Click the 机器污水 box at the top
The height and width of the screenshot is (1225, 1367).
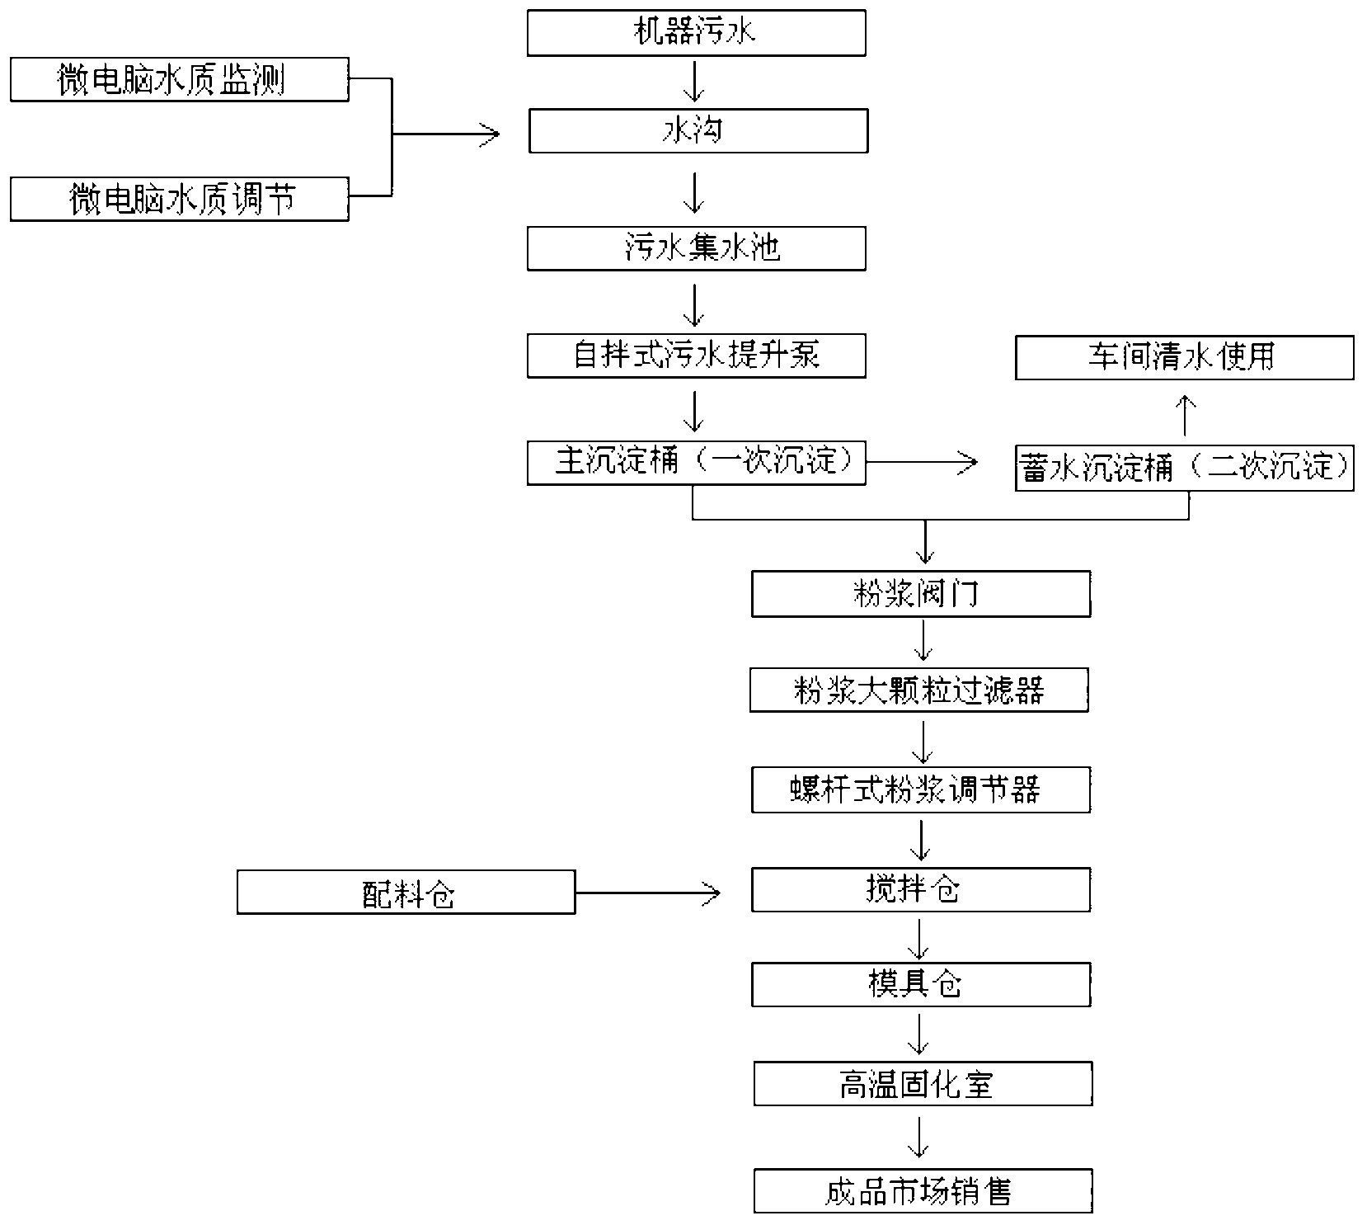point(696,33)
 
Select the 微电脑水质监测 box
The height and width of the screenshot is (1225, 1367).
point(179,80)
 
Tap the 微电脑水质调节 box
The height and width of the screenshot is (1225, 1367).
point(179,199)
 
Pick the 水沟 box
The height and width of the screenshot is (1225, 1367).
point(698,131)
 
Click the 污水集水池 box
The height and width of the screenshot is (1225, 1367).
point(696,248)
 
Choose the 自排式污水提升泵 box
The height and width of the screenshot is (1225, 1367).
point(696,356)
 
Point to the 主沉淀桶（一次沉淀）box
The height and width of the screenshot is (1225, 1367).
point(696,463)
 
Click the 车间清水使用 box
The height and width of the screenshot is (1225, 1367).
point(1184,357)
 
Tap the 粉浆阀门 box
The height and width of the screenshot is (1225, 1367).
point(920,594)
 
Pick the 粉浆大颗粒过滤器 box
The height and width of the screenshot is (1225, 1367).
point(918,690)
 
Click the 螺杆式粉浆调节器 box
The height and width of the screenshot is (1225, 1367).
point(920,790)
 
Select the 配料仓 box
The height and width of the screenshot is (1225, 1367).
point(406,892)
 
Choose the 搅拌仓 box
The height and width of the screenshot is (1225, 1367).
point(920,889)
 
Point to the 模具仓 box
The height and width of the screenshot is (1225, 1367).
point(920,984)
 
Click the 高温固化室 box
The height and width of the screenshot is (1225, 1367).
point(922,1084)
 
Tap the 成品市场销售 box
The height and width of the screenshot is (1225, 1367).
point(922,1191)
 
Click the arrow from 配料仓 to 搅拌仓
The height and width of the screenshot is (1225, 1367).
point(647,892)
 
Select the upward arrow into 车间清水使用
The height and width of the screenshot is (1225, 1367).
point(1185,415)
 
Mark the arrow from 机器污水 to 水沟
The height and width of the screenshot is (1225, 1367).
point(694,81)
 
